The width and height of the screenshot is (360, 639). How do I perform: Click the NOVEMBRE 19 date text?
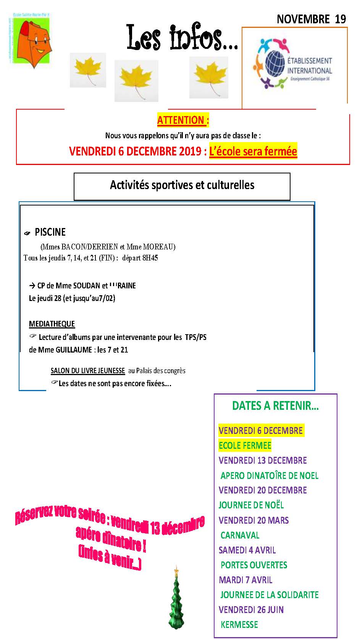311,19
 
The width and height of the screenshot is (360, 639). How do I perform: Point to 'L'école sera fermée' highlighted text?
253,151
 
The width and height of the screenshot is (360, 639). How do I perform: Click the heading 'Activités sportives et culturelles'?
182,185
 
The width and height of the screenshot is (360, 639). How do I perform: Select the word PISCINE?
50,232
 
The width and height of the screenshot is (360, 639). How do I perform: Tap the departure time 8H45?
150,258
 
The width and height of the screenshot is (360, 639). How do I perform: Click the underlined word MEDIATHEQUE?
52,324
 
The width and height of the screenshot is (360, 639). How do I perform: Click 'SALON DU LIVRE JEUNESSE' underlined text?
88,370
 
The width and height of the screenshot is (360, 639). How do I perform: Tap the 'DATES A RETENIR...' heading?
275,406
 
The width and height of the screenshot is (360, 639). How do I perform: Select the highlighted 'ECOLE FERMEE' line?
245,445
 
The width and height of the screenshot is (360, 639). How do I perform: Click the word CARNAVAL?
240,535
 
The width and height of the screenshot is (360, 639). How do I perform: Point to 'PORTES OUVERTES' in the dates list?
253,565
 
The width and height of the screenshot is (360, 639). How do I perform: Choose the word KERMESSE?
239,624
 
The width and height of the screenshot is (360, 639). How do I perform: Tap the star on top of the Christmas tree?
176,571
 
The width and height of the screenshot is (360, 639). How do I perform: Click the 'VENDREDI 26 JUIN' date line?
251,610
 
